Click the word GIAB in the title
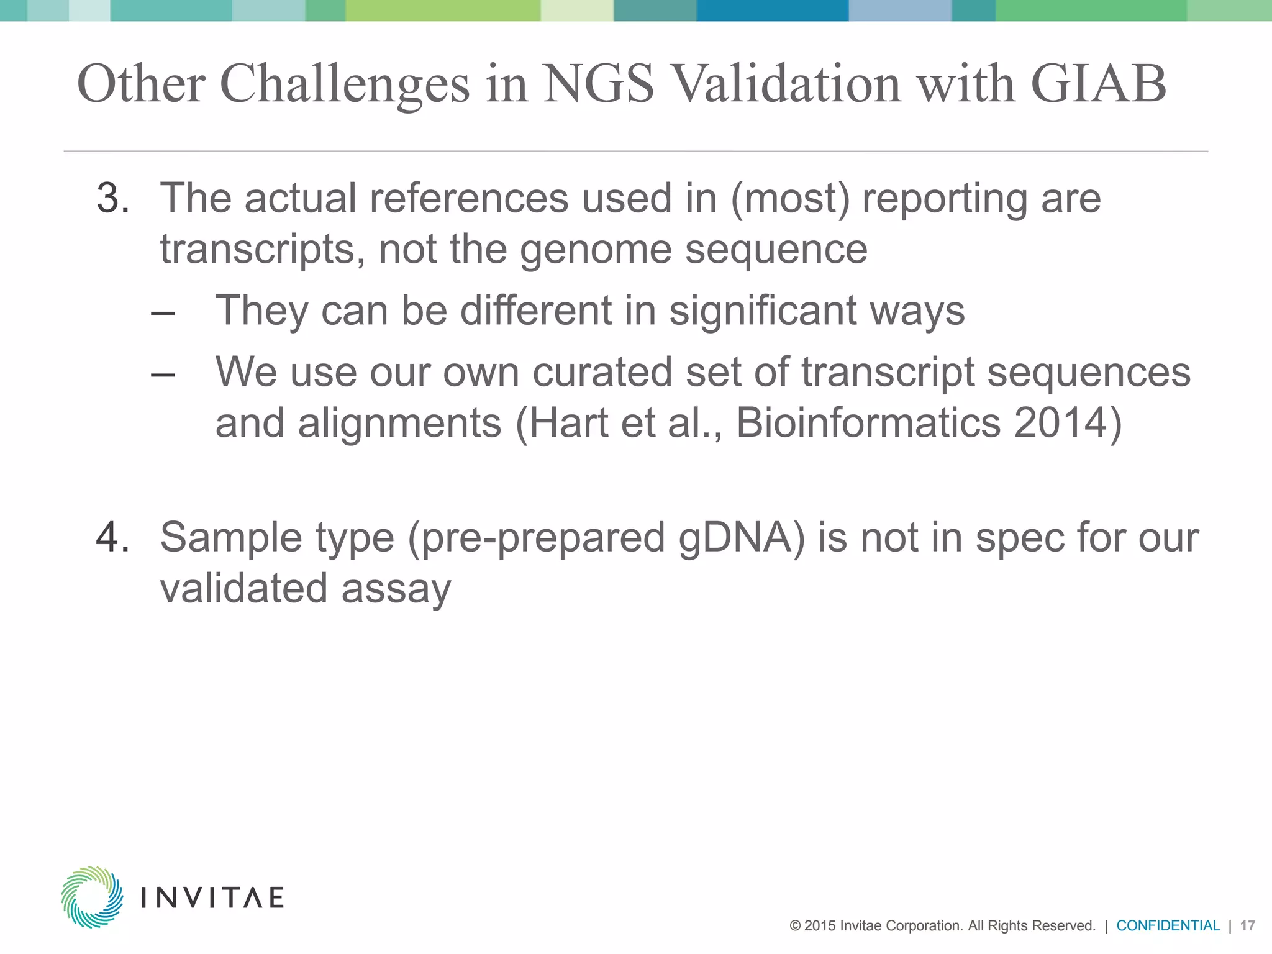click(1098, 84)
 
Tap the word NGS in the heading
click(599, 84)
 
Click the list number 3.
click(112, 199)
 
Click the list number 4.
click(112, 537)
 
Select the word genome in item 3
click(596, 250)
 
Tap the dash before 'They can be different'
click(163, 312)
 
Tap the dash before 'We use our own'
click(163, 375)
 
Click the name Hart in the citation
click(569, 423)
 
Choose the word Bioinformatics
click(868, 423)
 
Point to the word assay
click(396, 589)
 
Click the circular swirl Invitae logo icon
click(92, 897)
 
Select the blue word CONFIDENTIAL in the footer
click(1168, 926)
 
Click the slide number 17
click(1247, 926)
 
